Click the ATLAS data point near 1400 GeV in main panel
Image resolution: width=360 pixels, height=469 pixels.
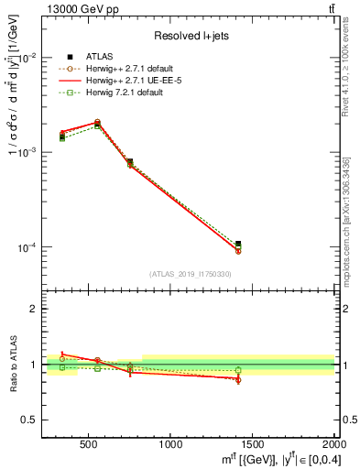tap(238, 245)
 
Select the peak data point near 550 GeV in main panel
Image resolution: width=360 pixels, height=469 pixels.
tap(98, 122)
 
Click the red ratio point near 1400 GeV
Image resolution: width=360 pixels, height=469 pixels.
tap(238, 378)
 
